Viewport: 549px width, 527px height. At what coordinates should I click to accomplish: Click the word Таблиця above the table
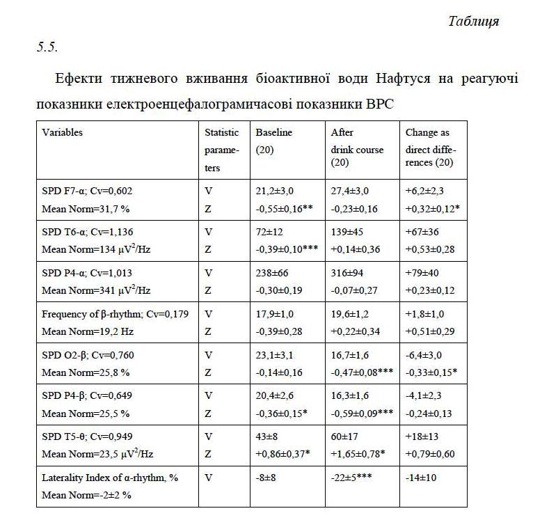point(473,21)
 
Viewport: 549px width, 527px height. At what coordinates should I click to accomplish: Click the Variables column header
point(63,132)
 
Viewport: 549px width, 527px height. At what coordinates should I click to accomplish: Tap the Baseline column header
point(274,132)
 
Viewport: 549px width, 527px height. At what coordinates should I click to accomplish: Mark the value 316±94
point(347,272)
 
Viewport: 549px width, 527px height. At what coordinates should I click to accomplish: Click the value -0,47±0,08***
point(362,372)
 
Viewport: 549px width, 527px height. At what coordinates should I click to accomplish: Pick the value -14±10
point(421,478)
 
